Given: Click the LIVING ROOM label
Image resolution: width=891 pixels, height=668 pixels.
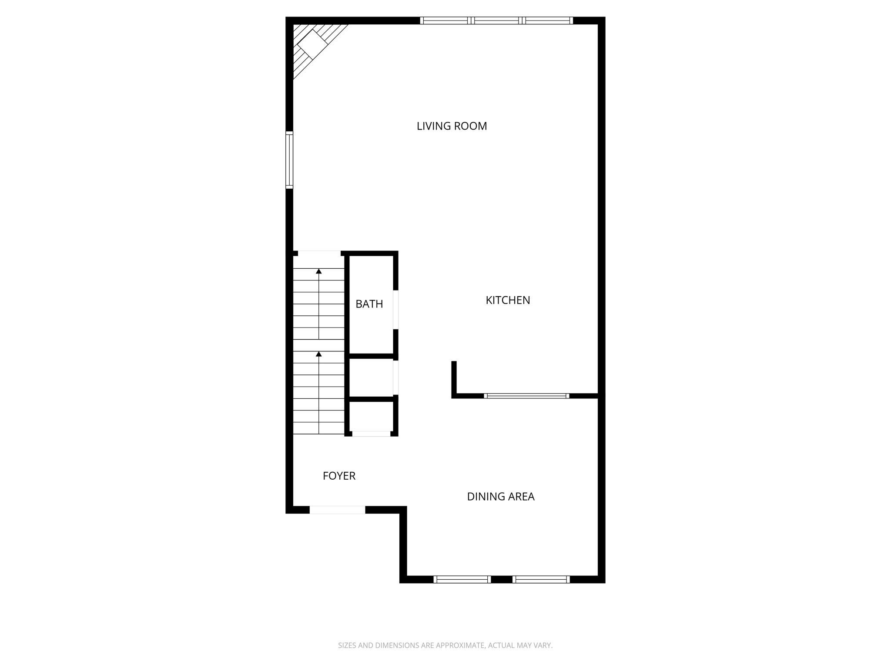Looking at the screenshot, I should click(x=452, y=126).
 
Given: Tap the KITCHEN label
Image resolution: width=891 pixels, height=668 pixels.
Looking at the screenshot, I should click(x=508, y=300).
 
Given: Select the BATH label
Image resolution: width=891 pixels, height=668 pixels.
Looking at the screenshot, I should click(x=369, y=304).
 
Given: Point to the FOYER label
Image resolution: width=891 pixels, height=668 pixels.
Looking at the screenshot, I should click(x=339, y=476).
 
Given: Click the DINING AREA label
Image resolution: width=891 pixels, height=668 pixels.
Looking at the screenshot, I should click(x=500, y=497).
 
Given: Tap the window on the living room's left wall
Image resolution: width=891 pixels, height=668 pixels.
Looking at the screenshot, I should click(x=289, y=160).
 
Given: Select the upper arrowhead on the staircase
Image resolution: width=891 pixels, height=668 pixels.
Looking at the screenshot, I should click(x=319, y=271).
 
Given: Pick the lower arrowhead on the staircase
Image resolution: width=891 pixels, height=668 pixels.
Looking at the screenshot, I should click(x=319, y=354).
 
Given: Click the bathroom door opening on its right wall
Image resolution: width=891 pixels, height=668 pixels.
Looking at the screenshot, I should click(x=396, y=309).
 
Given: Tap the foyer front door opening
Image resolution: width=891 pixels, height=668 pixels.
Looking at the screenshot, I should click(x=337, y=510).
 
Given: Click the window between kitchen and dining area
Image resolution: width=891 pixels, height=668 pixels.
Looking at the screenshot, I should click(x=526, y=396).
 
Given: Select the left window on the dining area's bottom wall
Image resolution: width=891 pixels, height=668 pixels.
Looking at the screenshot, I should click(x=462, y=579).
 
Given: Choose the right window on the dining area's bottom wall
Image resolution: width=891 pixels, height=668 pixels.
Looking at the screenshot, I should click(x=541, y=579).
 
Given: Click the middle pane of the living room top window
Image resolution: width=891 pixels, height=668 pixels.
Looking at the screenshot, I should click(x=496, y=20).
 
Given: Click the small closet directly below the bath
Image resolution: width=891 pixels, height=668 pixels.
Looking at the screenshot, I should click(x=371, y=377).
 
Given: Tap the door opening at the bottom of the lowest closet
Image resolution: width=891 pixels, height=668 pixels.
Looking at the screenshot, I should click(x=371, y=434).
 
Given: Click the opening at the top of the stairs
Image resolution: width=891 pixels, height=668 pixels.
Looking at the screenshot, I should click(x=319, y=253).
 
